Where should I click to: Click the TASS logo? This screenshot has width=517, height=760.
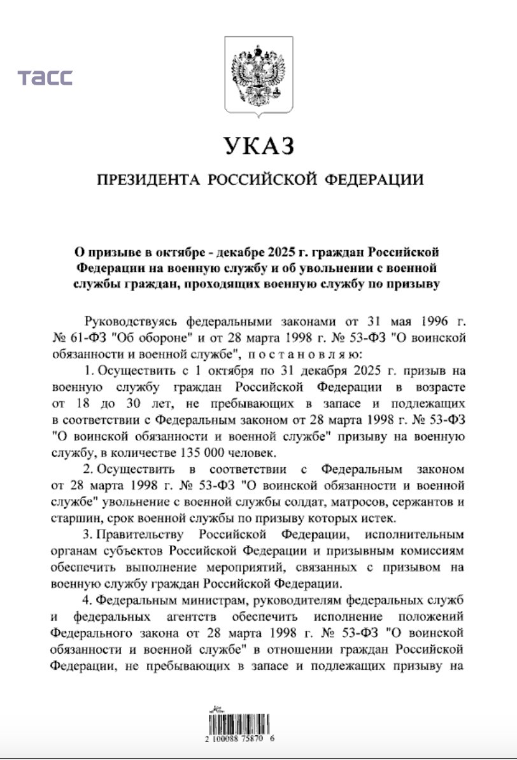tap(45, 78)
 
